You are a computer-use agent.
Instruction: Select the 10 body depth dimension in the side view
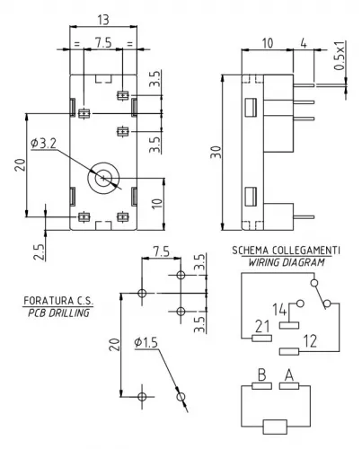pos(268,41)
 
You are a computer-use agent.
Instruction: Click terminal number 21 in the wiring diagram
pos(263,326)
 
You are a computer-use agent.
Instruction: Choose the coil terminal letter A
pos(289,375)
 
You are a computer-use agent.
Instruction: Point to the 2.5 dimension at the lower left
pos(38,251)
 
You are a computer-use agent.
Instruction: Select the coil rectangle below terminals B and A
pos(275,427)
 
